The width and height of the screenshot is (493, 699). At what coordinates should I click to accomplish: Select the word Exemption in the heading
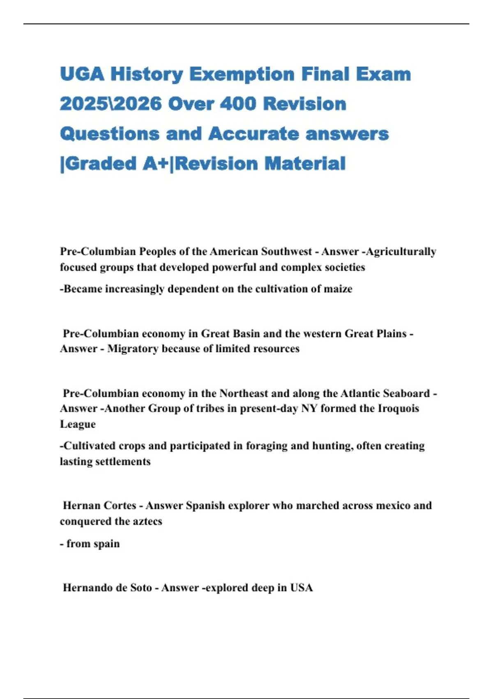242,74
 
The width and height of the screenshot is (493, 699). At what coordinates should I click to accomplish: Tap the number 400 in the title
238,104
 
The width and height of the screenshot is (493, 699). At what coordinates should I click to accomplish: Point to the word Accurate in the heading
253,134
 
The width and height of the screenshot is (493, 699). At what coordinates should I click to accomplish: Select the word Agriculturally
401,252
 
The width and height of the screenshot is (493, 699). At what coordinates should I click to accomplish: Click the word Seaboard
406,393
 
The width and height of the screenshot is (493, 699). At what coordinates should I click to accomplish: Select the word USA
302,588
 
